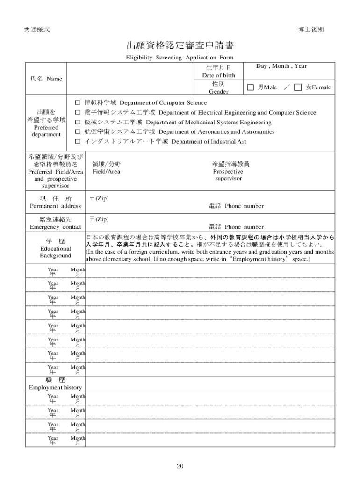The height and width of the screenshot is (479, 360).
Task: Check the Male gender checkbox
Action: [251, 87]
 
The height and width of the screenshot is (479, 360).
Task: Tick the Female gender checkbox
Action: [298, 87]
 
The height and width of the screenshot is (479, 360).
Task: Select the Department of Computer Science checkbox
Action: [78, 102]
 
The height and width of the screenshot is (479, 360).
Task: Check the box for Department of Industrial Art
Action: [78, 141]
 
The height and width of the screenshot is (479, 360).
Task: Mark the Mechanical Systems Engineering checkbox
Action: [78, 122]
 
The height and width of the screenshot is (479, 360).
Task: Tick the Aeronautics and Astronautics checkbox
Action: [78, 132]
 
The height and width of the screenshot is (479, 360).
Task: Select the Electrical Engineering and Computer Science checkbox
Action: [78, 113]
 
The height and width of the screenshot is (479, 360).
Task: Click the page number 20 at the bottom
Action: [180, 466]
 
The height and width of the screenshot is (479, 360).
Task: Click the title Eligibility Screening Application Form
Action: [180, 58]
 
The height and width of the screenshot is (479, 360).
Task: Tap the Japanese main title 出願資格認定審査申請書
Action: [180, 45]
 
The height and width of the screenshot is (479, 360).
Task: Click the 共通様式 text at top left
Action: [37, 29]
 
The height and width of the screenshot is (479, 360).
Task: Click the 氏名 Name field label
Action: [46, 79]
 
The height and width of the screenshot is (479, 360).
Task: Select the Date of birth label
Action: [218, 75]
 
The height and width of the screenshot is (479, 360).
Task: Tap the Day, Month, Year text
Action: [281, 66]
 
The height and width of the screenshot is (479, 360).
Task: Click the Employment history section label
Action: [55, 387]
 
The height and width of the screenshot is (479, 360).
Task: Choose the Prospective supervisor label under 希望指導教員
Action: [229, 174]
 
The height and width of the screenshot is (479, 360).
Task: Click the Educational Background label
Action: [55, 252]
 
